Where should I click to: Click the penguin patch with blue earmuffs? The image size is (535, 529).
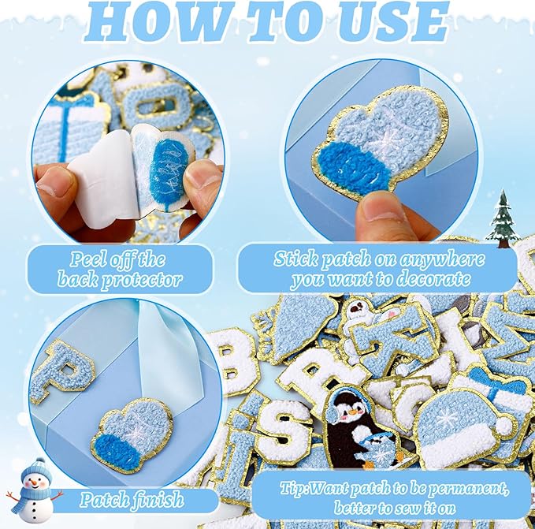(x=359, y=426)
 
